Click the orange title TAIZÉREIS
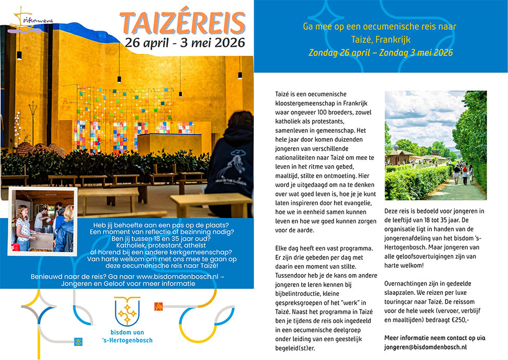(x=183, y=22)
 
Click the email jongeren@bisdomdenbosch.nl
(x=425, y=346)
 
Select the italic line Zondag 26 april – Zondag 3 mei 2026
(x=380, y=53)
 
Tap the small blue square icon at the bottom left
(x=79, y=341)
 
